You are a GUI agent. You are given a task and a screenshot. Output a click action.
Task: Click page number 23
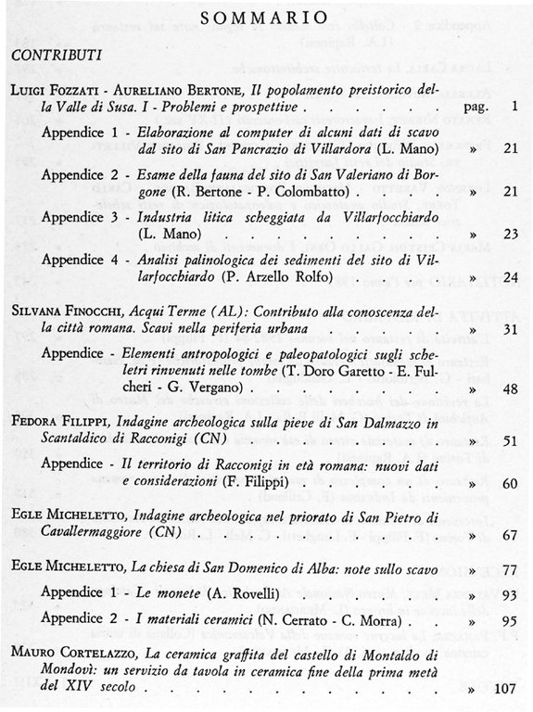click(510, 235)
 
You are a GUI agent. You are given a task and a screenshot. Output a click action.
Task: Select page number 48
click(510, 388)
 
